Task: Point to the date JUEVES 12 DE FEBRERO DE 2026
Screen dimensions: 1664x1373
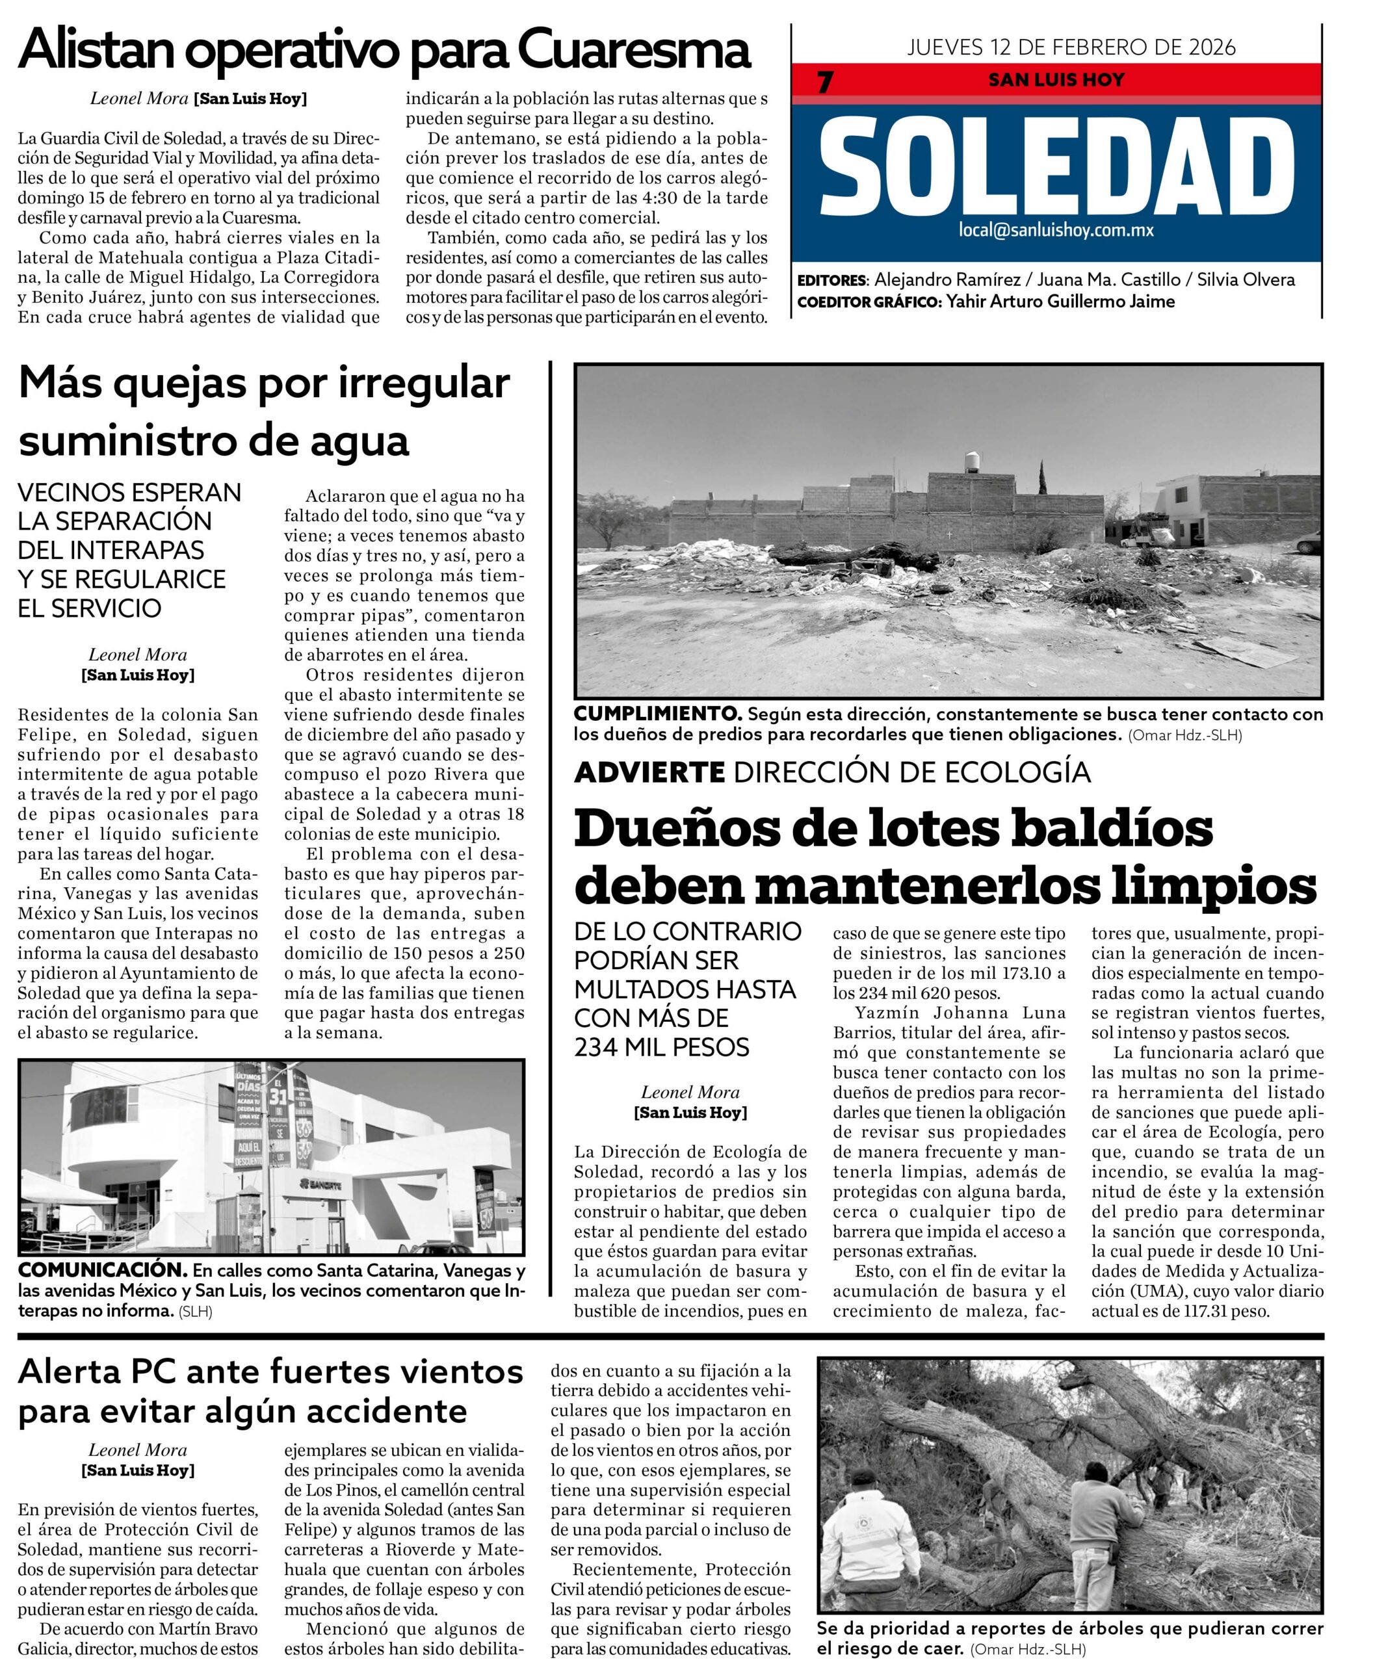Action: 1071,47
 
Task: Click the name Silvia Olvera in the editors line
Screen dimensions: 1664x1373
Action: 1246,280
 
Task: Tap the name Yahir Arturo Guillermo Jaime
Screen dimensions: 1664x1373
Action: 1060,302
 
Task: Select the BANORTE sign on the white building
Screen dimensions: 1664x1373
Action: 321,1184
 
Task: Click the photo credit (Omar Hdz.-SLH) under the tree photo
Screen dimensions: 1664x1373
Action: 1027,1650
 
